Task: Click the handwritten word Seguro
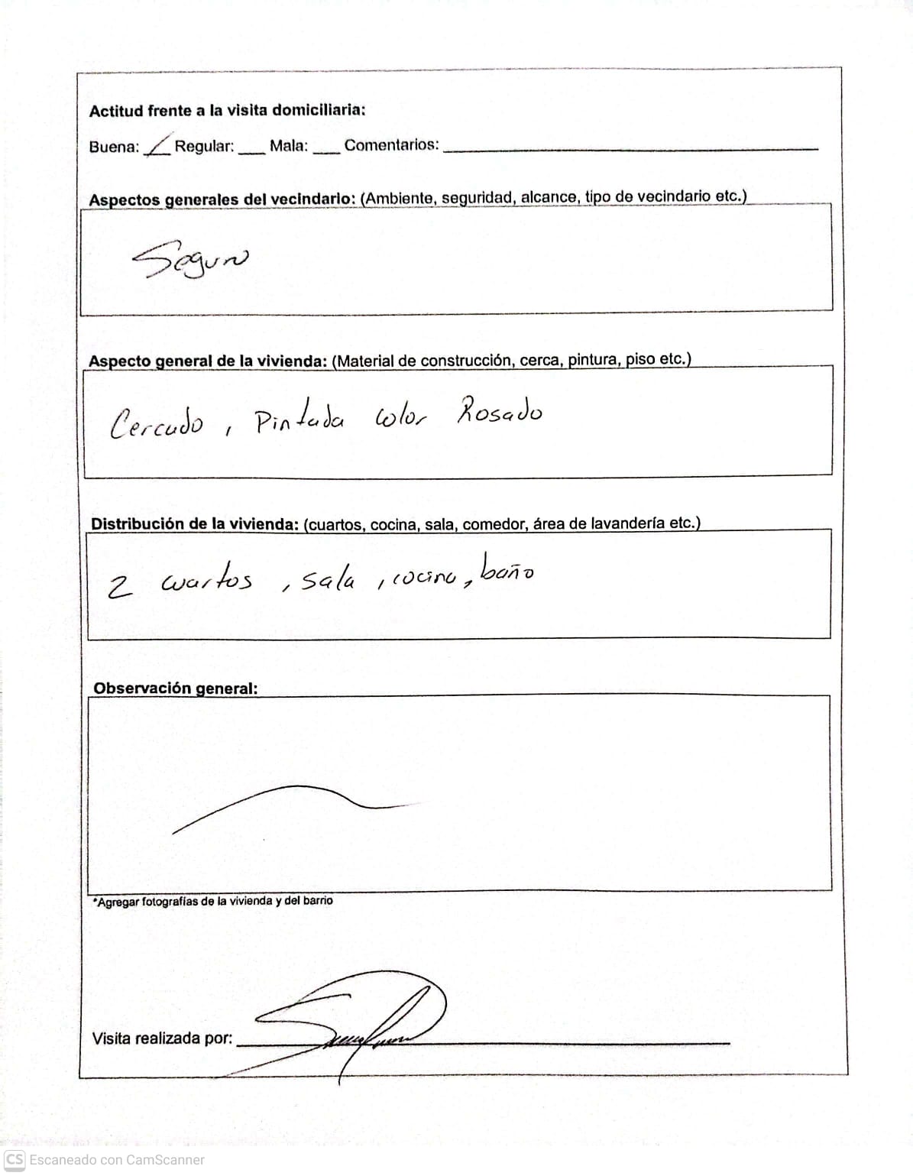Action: click(190, 261)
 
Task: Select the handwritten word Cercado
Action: click(157, 423)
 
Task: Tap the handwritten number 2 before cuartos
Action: click(119, 587)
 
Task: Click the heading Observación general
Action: click(175, 688)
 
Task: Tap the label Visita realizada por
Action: click(162, 1038)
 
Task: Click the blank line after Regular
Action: click(251, 149)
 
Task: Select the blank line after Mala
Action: click(325, 149)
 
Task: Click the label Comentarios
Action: click(391, 145)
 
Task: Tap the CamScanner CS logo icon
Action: click(15, 1159)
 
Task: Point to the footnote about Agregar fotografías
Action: click(213, 901)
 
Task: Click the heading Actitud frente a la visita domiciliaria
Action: click(227, 110)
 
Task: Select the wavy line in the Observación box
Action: click(290, 802)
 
